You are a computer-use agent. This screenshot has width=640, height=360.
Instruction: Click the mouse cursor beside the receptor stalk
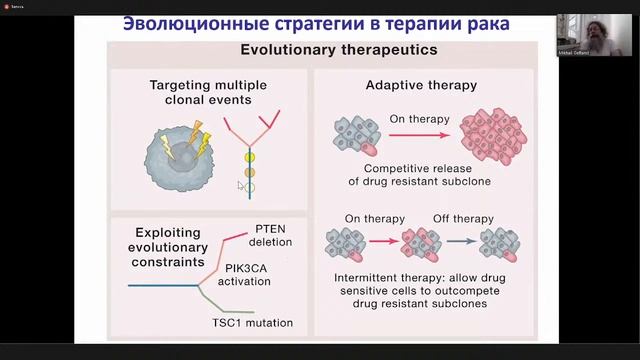coord(240,185)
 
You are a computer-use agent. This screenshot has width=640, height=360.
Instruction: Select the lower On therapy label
coord(370,219)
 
